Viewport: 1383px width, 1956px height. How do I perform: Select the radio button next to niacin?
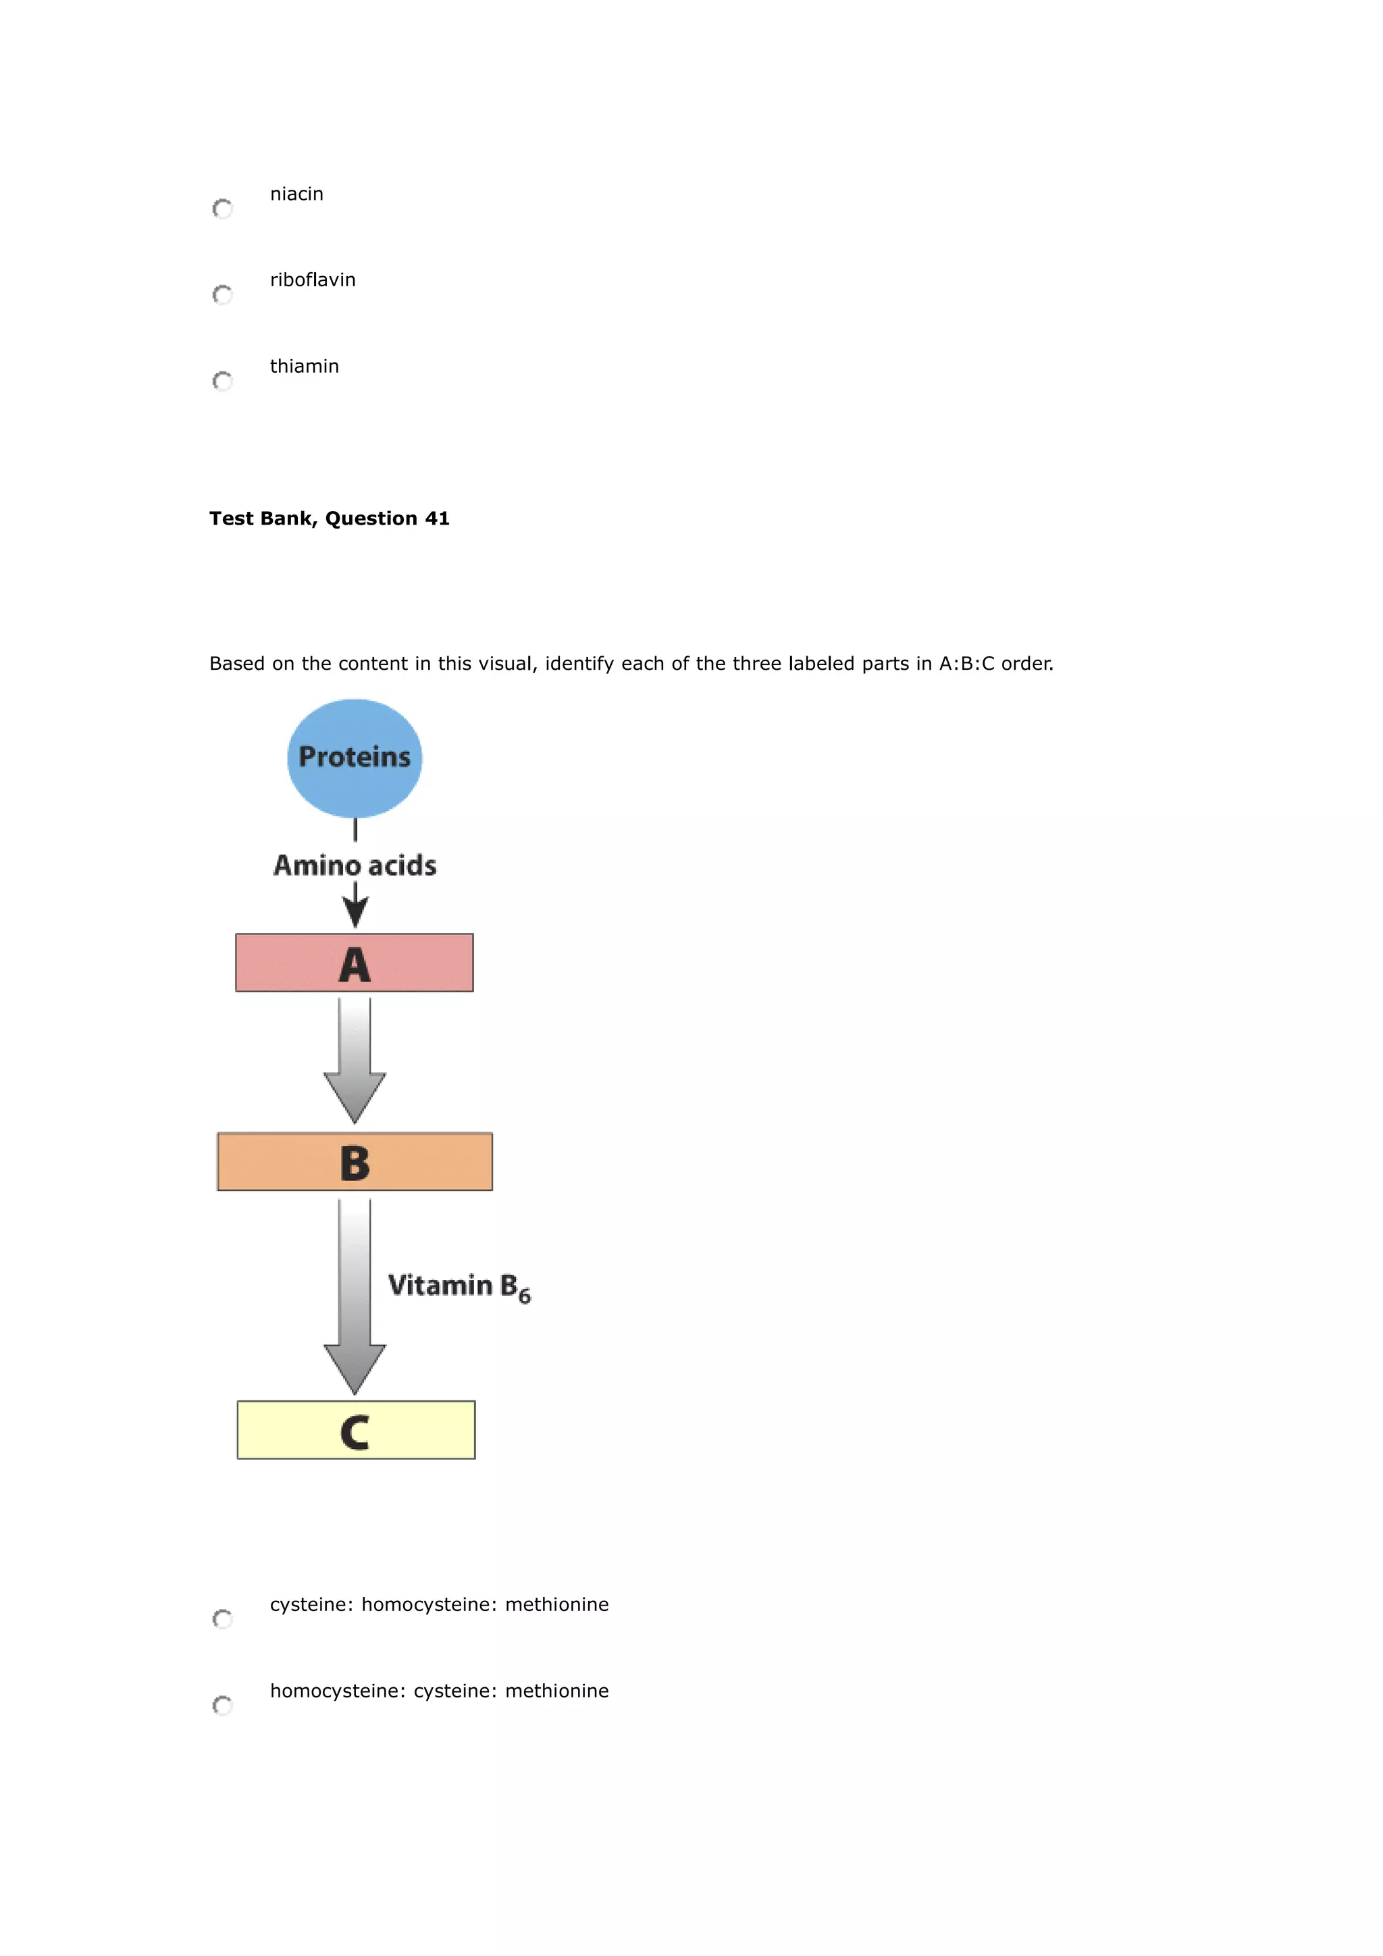coord(222,209)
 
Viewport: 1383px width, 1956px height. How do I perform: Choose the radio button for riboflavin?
coord(222,295)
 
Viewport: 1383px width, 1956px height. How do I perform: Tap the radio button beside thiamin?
coord(222,381)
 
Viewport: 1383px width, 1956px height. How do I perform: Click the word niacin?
coord(296,194)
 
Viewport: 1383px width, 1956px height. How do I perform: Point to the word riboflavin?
coord(313,280)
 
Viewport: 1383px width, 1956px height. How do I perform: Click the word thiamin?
coord(304,367)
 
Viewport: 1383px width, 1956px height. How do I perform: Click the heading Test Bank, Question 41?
coord(329,519)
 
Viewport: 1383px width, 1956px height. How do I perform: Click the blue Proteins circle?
coord(355,758)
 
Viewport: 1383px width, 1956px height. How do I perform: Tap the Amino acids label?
coord(355,866)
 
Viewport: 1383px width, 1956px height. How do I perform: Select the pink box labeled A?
coord(355,963)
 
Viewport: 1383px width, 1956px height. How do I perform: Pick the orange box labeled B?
coord(355,1162)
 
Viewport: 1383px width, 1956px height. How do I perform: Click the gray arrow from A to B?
coord(355,1061)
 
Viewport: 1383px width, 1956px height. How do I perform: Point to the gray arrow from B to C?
coord(355,1295)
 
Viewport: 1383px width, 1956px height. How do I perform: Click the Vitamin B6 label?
coord(459,1286)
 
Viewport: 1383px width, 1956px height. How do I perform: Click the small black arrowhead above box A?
coord(355,914)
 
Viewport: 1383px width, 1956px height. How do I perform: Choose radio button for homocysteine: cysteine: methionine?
coord(222,1705)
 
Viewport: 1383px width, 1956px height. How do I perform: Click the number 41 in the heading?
coord(437,519)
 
